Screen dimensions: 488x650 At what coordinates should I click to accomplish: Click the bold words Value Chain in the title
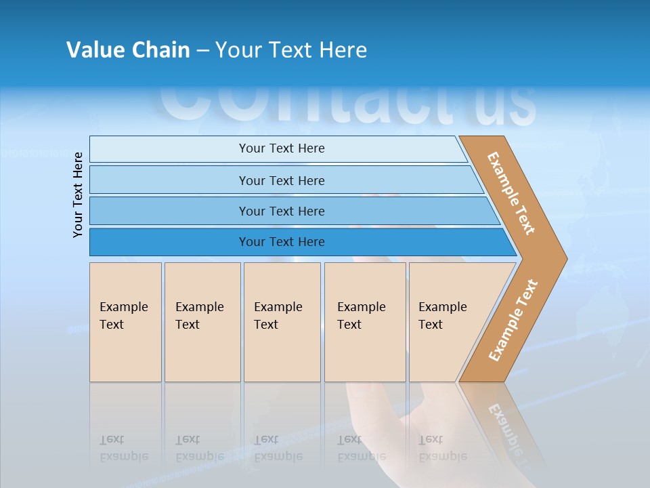point(128,50)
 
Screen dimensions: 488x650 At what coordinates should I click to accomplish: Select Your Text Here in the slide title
point(291,50)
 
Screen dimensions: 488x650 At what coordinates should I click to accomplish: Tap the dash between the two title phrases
point(202,51)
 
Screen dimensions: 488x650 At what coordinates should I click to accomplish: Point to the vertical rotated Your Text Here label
point(78,195)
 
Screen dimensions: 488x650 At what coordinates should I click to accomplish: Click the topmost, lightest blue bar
point(281,148)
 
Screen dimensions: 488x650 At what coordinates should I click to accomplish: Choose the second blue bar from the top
point(281,180)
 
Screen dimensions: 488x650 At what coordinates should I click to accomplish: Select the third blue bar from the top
point(281,211)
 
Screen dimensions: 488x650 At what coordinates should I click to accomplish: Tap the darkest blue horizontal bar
point(281,242)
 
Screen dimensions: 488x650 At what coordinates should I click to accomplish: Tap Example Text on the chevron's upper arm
point(511,193)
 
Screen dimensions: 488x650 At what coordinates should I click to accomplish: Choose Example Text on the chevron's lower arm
point(513,320)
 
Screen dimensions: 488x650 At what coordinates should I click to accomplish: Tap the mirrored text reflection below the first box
point(124,448)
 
